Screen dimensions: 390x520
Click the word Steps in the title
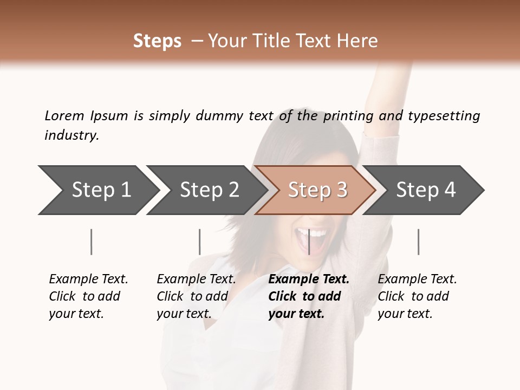click(x=157, y=41)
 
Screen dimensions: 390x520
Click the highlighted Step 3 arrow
click(x=317, y=190)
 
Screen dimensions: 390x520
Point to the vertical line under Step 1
click(x=91, y=242)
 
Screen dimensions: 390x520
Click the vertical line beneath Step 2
click(x=200, y=242)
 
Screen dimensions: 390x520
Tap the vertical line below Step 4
click(x=418, y=242)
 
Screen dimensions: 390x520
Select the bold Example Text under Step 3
click(x=309, y=296)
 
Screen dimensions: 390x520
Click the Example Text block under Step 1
click(x=88, y=296)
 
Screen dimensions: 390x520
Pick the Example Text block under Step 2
click(x=196, y=296)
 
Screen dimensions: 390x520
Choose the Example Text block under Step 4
click(x=417, y=296)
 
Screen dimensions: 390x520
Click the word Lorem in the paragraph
click(x=64, y=115)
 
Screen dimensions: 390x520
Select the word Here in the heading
click(x=359, y=41)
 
